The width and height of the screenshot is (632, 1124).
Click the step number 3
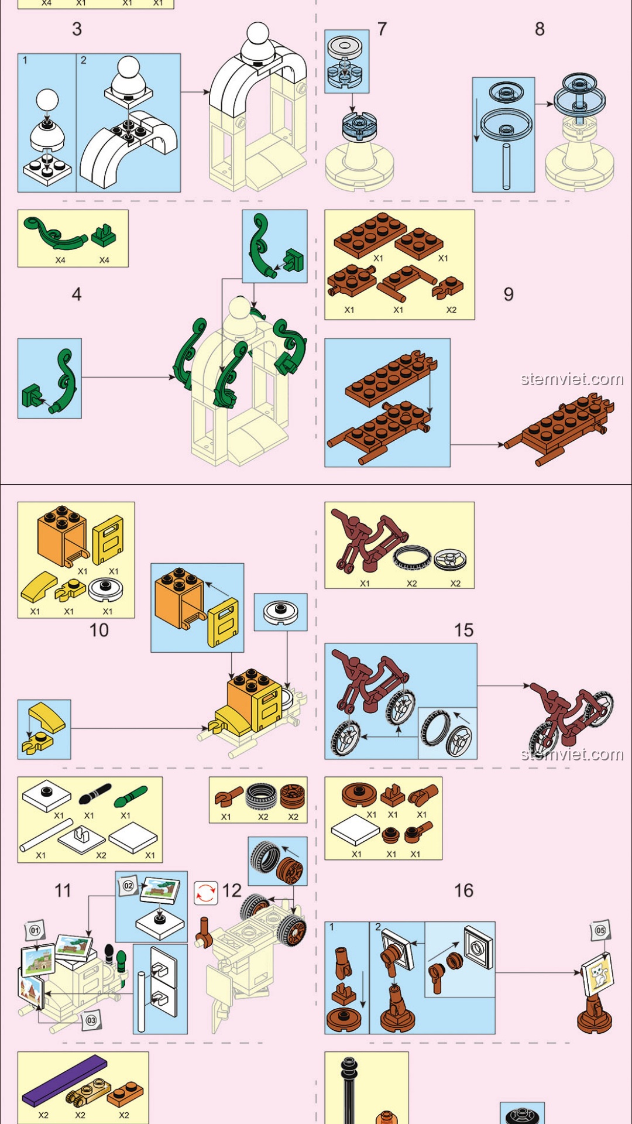77,29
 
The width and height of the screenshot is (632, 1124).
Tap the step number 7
382,29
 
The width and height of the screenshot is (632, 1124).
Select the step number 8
540,29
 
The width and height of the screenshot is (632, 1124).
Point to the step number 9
509,294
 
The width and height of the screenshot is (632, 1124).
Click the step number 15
463,630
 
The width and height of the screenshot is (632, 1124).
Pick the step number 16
463,890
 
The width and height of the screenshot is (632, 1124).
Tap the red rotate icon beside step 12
205,893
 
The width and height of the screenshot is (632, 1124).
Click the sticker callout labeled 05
600,930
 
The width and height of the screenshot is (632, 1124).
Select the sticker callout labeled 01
35,930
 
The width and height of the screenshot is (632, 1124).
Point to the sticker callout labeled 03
91,1020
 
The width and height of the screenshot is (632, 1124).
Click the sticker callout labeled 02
129,886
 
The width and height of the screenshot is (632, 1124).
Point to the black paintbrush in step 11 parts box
94,794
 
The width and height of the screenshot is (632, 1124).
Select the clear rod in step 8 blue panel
507,167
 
